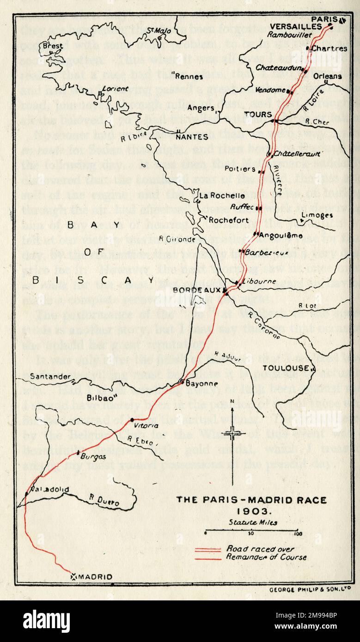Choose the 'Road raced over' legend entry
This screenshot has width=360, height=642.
click(x=252, y=549)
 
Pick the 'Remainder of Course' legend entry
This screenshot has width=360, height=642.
click(x=266, y=557)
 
